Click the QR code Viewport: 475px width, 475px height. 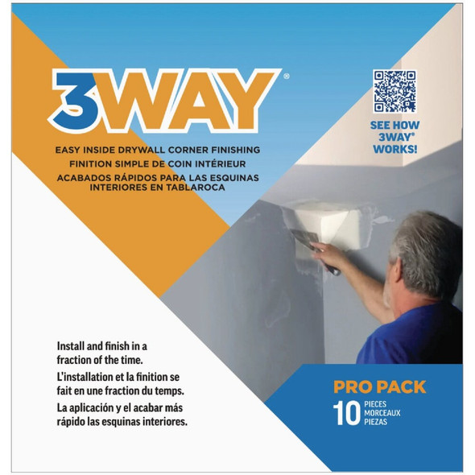click(x=394, y=90)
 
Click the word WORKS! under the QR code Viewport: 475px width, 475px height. click(x=394, y=150)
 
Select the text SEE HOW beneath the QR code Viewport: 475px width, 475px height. click(x=394, y=126)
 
